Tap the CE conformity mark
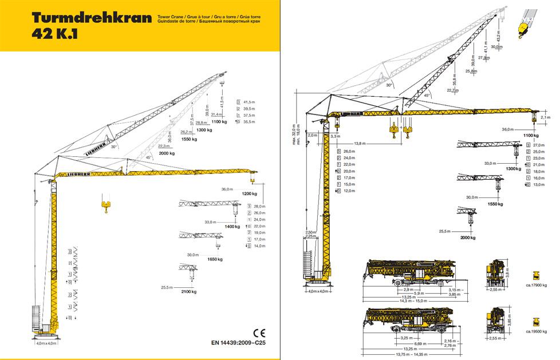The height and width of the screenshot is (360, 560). click(258, 332)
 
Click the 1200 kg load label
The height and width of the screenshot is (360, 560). click(250, 195)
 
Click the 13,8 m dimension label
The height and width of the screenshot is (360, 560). click(361, 143)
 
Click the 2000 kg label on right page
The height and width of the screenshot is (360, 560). click(468, 237)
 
